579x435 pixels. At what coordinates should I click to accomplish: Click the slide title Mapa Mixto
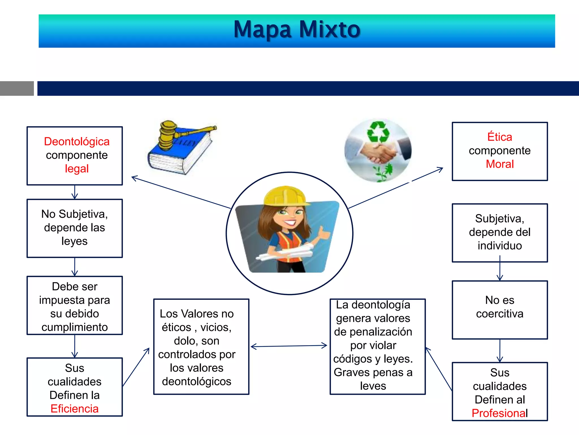(x=297, y=30)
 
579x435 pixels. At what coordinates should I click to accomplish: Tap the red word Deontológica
(x=77, y=142)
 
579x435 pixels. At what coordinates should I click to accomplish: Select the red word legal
(x=77, y=169)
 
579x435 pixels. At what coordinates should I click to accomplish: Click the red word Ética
(x=500, y=137)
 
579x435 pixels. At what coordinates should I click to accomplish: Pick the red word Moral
(x=500, y=164)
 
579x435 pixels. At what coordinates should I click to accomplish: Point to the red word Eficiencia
(x=75, y=409)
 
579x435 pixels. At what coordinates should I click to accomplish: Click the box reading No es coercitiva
(x=500, y=310)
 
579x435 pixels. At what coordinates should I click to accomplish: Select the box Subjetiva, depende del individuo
(x=500, y=233)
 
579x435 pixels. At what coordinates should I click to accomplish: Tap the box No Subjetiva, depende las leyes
(x=75, y=228)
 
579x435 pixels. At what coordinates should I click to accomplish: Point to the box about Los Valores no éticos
(x=201, y=347)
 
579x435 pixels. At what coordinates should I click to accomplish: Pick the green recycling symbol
(x=378, y=131)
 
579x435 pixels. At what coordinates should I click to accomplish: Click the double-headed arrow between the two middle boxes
(x=289, y=346)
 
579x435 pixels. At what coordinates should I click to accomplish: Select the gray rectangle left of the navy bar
(x=17, y=88)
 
